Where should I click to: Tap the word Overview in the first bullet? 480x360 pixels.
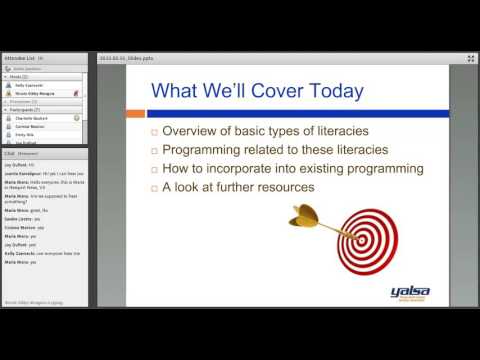[191, 131]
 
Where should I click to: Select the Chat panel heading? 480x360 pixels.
[9, 153]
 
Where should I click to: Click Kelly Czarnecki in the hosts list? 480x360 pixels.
[30, 85]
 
